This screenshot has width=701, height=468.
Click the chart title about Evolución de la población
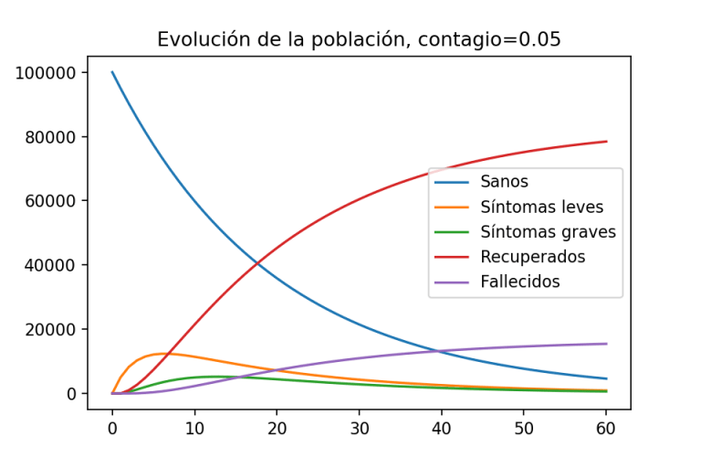point(359,39)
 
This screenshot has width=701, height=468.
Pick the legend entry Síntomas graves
point(549,232)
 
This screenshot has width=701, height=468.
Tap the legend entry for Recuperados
point(533,257)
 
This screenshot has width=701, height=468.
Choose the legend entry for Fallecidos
point(520,282)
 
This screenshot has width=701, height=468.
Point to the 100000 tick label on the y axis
point(52,73)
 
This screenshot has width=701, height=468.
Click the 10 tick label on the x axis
point(194,427)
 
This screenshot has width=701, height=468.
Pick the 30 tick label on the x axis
point(360,427)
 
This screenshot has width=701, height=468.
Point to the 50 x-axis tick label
point(524,427)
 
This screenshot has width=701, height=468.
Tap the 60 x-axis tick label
point(606,427)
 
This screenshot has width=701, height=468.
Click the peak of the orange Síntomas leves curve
point(162,354)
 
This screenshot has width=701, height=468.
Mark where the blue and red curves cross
point(258,264)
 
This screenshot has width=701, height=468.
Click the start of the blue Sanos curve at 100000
point(112,72)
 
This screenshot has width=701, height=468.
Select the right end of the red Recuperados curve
point(606,142)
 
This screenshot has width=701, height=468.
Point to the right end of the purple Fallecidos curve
point(606,344)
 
